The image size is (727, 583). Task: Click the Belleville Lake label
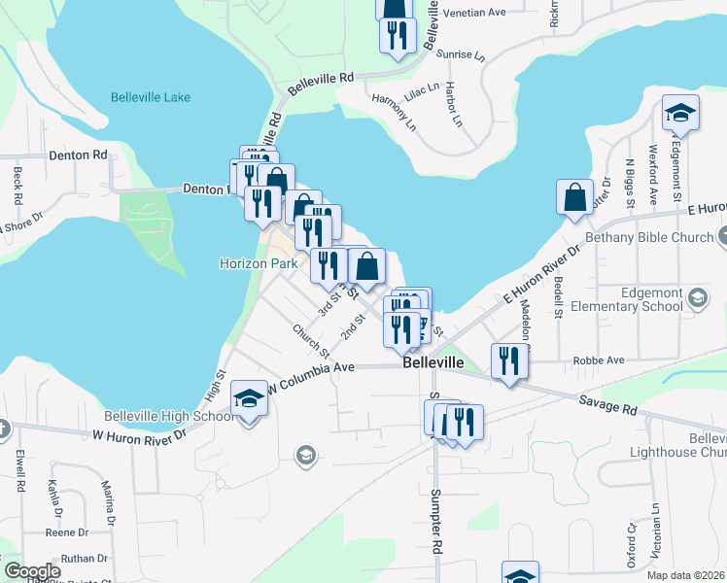click(151, 97)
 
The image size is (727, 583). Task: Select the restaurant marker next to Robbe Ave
click(508, 361)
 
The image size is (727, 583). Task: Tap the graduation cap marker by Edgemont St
click(680, 113)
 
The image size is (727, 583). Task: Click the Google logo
click(32, 571)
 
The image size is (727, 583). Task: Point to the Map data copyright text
click(685, 575)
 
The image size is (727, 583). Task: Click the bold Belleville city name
click(433, 362)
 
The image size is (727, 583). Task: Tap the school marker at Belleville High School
click(250, 398)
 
